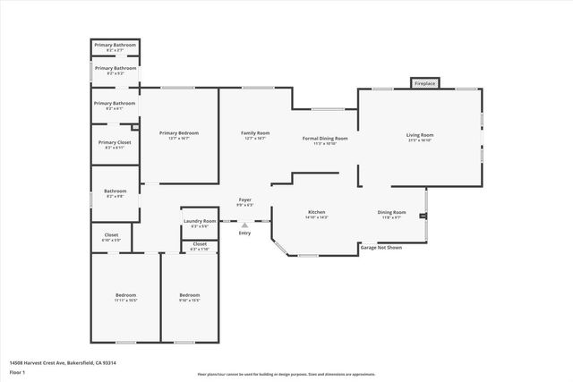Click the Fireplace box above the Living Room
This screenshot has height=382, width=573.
[424, 83]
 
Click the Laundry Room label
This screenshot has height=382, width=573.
[200, 223]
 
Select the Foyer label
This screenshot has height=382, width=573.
[244, 201]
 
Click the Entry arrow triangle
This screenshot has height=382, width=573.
[244, 224]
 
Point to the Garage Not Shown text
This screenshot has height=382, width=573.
[381, 247]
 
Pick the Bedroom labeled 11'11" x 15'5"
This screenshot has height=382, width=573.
[125, 297]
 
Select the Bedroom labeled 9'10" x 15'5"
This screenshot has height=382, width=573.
[189, 297]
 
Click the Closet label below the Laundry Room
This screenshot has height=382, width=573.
[200, 245]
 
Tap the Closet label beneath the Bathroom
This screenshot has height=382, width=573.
[111, 237]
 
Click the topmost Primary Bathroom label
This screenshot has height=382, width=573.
[115, 47]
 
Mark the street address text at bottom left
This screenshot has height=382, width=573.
[63, 362]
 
